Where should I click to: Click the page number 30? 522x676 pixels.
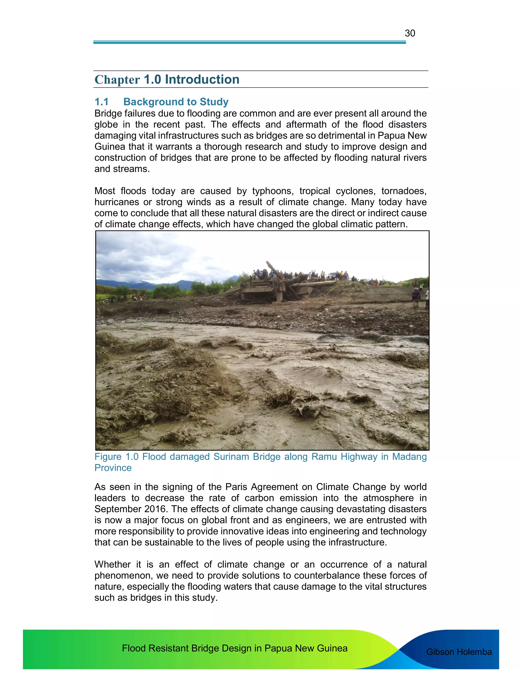[x=410, y=33]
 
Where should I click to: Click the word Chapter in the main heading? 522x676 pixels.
[x=117, y=80]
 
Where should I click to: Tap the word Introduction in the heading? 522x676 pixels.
[x=202, y=80]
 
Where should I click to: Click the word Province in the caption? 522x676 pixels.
[x=113, y=468]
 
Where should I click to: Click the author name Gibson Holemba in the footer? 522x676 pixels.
[x=459, y=652]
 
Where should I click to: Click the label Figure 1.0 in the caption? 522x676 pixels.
[x=116, y=457]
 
